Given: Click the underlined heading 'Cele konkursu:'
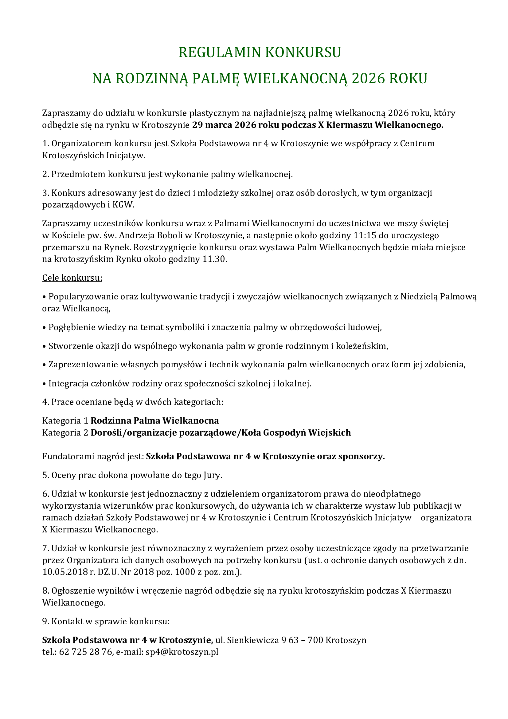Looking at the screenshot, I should (x=72, y=278).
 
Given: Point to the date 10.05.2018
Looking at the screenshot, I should (x=64, y=572).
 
